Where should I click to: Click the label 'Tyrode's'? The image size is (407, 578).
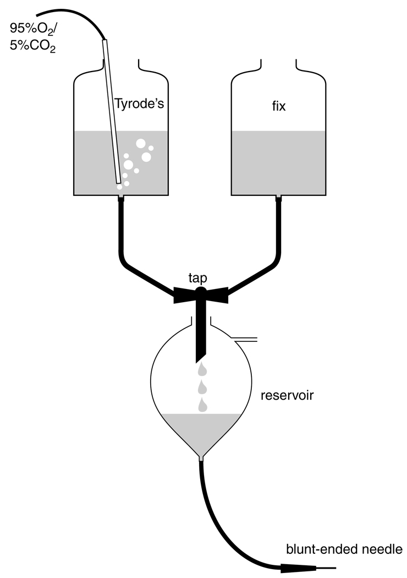pyautogui.click(x=139, y=103)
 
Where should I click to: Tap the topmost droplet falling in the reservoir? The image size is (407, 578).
pyautogui.click(x=202, y=368)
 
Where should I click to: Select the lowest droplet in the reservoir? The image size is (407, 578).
pyautogui.click(x=202, y=405)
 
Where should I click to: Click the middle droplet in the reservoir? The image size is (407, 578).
pyautogui.click(x=202, y=386)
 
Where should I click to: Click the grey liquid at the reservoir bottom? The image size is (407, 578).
pyautogui.click(x=201, y=429)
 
